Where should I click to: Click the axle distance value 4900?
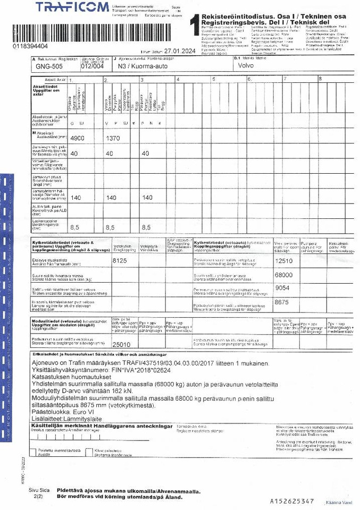tap(78, 138)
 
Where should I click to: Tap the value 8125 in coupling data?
tap(120, 261)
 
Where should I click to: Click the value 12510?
tap(284, 261)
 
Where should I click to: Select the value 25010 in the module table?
tap(121, 344)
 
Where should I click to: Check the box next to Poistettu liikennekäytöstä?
tap(34, 452)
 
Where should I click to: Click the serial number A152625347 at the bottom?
tap(292, 500)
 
